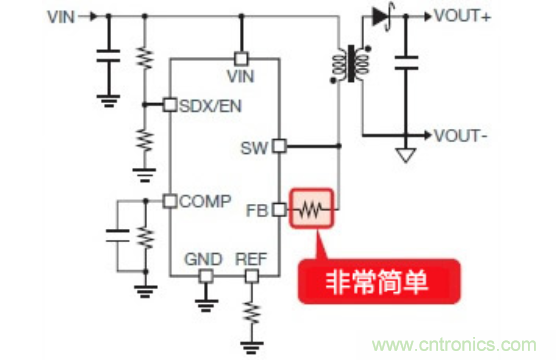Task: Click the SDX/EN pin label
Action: [x=211, y=105]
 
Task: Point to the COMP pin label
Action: [x=203, y=201]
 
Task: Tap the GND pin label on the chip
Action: [x=203, y=259]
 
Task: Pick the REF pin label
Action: [x=250, y=259]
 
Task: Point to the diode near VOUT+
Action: [x=378, y=15]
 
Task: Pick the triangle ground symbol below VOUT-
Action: [x=405, y=155]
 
